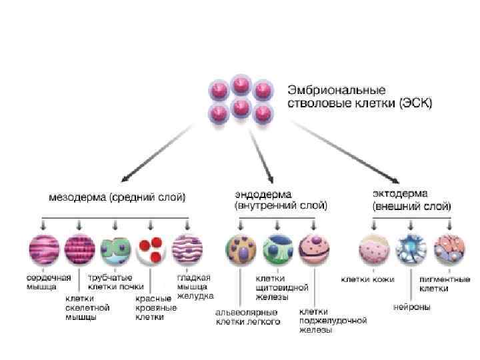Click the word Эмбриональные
(x=327, y=89)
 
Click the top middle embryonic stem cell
(x=240, y=85)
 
